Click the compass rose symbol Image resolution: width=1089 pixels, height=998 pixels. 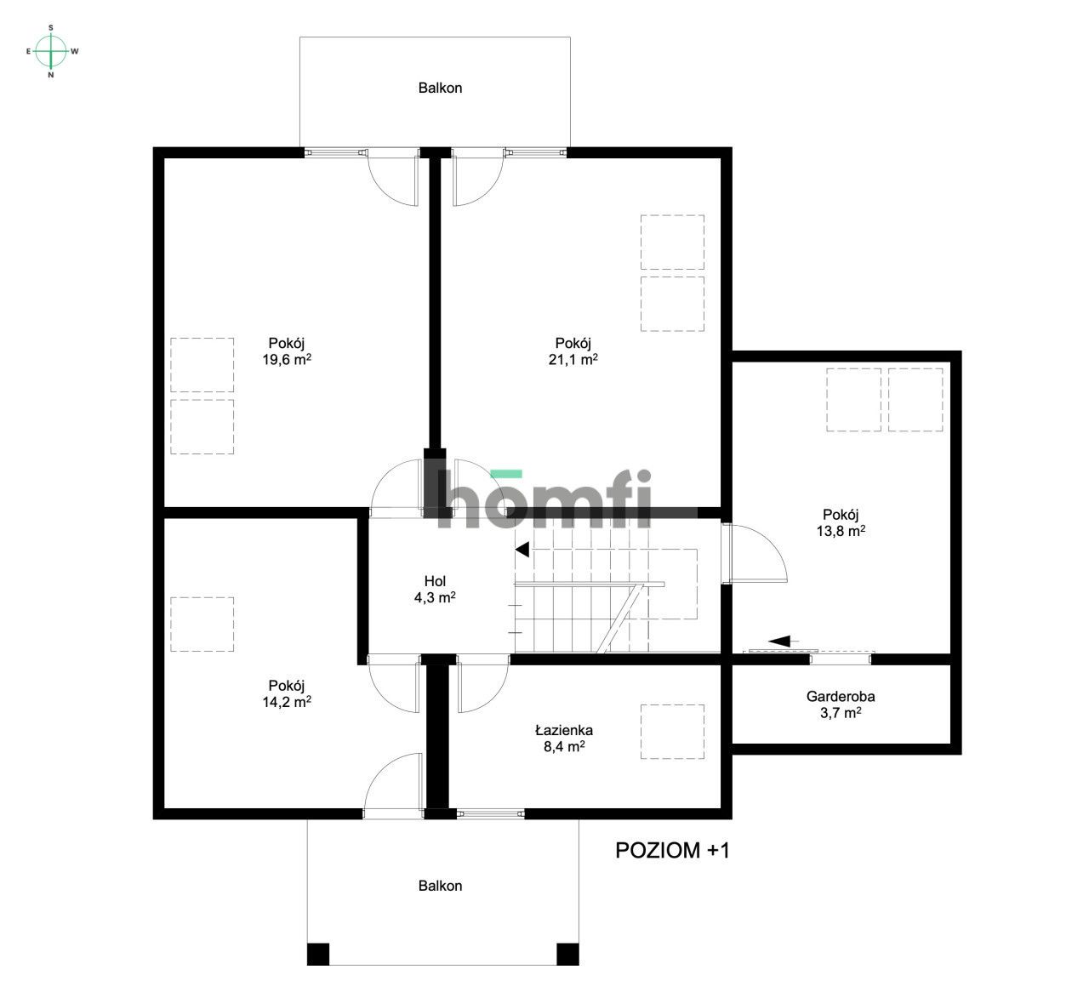[51, 52]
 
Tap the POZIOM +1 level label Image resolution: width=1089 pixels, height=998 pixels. [672, 850]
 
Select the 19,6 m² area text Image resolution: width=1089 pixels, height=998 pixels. [287, 359]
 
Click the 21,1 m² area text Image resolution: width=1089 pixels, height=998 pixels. [573, 359]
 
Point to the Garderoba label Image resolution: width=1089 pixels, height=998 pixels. [841, 696]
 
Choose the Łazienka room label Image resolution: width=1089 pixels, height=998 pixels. [564, 730]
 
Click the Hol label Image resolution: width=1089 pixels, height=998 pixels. [435, 581]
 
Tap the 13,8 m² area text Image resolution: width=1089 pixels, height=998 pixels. [841, 531]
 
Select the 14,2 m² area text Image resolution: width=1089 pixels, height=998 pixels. [287, 702]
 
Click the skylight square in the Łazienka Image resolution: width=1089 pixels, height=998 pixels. [672, 732]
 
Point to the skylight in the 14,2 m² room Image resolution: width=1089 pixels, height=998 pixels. [202, 624]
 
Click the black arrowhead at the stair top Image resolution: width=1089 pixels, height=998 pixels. [522, 550]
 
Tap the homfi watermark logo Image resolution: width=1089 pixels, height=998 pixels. [543, 499]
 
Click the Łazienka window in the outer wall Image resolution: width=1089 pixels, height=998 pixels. [491, 813]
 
